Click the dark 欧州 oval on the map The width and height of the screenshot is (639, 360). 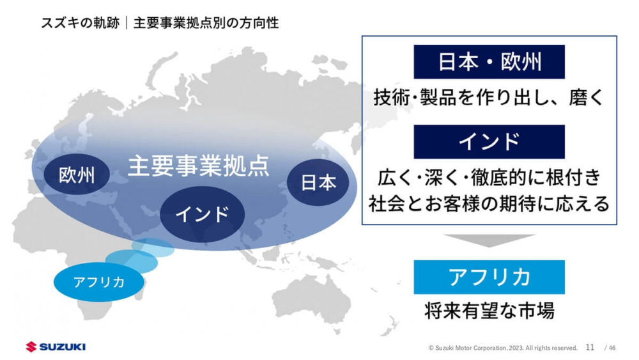click(77, 175)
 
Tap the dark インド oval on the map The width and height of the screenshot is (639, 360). click(202, 214)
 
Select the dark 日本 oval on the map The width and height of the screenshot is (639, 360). click(318, 182)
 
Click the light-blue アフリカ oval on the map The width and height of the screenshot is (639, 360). click(99, 282)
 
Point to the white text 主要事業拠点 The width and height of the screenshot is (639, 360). click(199, 166)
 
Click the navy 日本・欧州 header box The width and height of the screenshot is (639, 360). click(489, 62)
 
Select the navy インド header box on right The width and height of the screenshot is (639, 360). click(489, 142)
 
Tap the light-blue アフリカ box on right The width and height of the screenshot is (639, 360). click(489, 278)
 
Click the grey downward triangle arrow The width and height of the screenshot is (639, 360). click(489, 240)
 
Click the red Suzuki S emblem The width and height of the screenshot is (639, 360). click(31, 347)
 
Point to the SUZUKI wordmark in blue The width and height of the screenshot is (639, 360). click(63, 347)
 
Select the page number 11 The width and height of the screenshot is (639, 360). click(590, 347)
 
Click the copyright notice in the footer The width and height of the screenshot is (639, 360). click(503, 348)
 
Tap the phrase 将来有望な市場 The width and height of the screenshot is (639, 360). click(489, 311)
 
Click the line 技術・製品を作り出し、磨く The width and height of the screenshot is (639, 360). click(489, 97)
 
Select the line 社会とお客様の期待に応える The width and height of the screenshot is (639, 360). click(489, 203)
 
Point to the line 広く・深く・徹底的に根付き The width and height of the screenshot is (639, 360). click(489, 178)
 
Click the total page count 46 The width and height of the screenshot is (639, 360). click(612, 348)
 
